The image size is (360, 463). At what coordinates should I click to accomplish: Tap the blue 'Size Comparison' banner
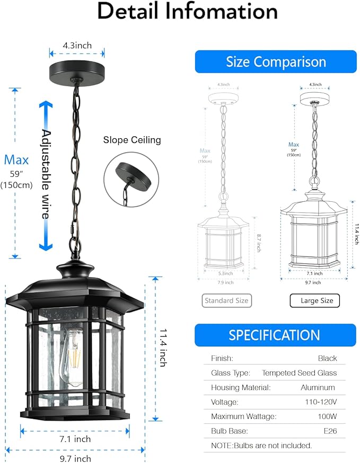pyautogui.click(x=276, y=62)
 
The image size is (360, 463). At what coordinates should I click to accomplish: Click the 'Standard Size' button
pyautogui.click(x=227, y=300)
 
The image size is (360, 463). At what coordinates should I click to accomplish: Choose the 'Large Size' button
pyautogui.click(x=314, y=300)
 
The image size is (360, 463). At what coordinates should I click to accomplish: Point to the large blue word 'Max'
pyautogui.click(x=16, y=159)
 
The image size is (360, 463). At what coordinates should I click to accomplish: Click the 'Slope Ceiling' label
pyautogui.click(x=131, y=140)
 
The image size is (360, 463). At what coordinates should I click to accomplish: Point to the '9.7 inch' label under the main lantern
pyautogui.click(x=74, y=458)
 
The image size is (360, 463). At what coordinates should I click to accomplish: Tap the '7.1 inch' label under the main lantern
pyautogui.click(x=74, y=439)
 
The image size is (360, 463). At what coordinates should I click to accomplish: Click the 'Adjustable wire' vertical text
pyautogui.click(x=47, y=175)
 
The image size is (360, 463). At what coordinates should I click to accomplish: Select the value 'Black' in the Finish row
pyautogui.click(x=327, y=358)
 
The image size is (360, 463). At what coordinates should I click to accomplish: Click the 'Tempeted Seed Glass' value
pyautogui.click(x=299, y=373)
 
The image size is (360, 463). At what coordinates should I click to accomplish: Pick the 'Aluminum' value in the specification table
pyautogui.click(x=318, y=387)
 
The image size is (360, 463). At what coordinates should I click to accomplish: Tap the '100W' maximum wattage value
pyautogui.click(x=327, y=416)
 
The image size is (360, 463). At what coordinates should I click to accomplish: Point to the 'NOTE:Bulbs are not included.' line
pyautogui.click(x=261, y=446)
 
